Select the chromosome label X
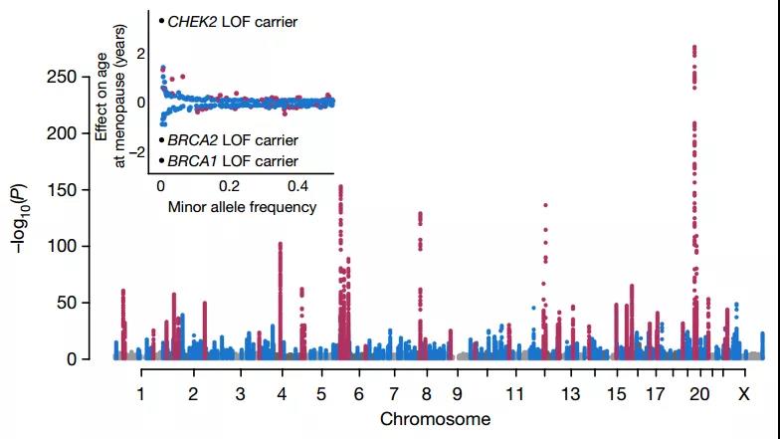pyautogui.click(x=743, y=394)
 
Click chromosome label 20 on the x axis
pyautogui.click(x=699, y=394)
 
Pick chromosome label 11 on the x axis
pyautogui.click(x=513, y=394)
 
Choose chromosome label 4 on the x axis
pyautogui.click(x=282, y=394)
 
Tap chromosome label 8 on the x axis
pyautogui.click(x=421, y=394)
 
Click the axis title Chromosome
pyautogui.click(x=436, y=419)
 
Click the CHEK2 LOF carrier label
pyautogui.click(x=233, y=20)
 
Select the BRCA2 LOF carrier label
pyautogui.click(x=232, y=140)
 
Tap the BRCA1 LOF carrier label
pyautogui.click(x=232, y=160)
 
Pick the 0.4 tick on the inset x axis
pyautogui.click(x=298, y=186)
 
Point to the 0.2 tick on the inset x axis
pyautogui.click(x=230, y=186)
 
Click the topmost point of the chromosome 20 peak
pyautogui.click(x=693, y=47)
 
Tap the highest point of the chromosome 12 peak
pyautogui.click(x=545, y=205)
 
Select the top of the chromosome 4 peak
pyautogui.click(x=281, y=243)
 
